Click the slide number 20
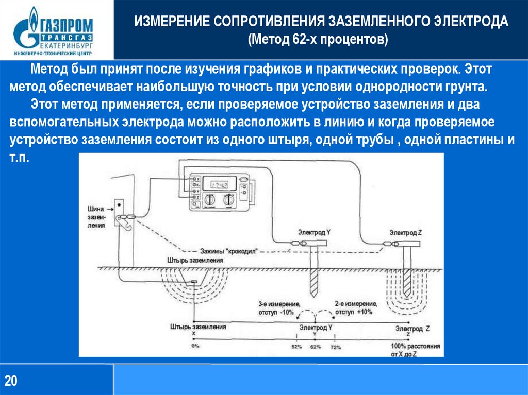coord(11,381)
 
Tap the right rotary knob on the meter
coord(227,199)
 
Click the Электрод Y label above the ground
coord(314,232)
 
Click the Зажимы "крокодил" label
coord(228,251)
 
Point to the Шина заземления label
coord(96,217)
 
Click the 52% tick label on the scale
coord(296,346)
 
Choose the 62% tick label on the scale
coord(316,346)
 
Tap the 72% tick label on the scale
coord(336,346)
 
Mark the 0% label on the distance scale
coord(195,346)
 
